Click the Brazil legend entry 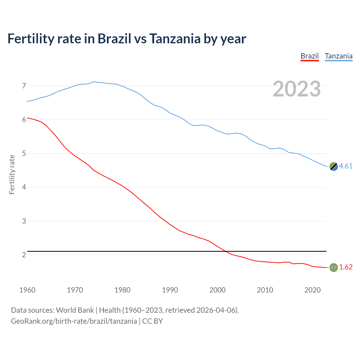309,56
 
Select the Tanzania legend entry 338,56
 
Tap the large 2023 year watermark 296,89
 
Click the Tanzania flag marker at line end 334,166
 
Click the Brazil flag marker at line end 334,267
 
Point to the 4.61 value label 346,166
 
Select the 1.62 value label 346,267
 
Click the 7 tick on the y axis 24,86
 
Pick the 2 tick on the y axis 24,255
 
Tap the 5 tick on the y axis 24,154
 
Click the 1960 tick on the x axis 27,290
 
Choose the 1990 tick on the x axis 170,290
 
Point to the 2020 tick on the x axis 312,290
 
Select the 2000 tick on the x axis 217,290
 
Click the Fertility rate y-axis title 12,174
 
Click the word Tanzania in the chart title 175,39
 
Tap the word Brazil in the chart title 114,39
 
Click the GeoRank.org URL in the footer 74,321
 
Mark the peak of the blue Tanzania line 94,82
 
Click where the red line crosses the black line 226,251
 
